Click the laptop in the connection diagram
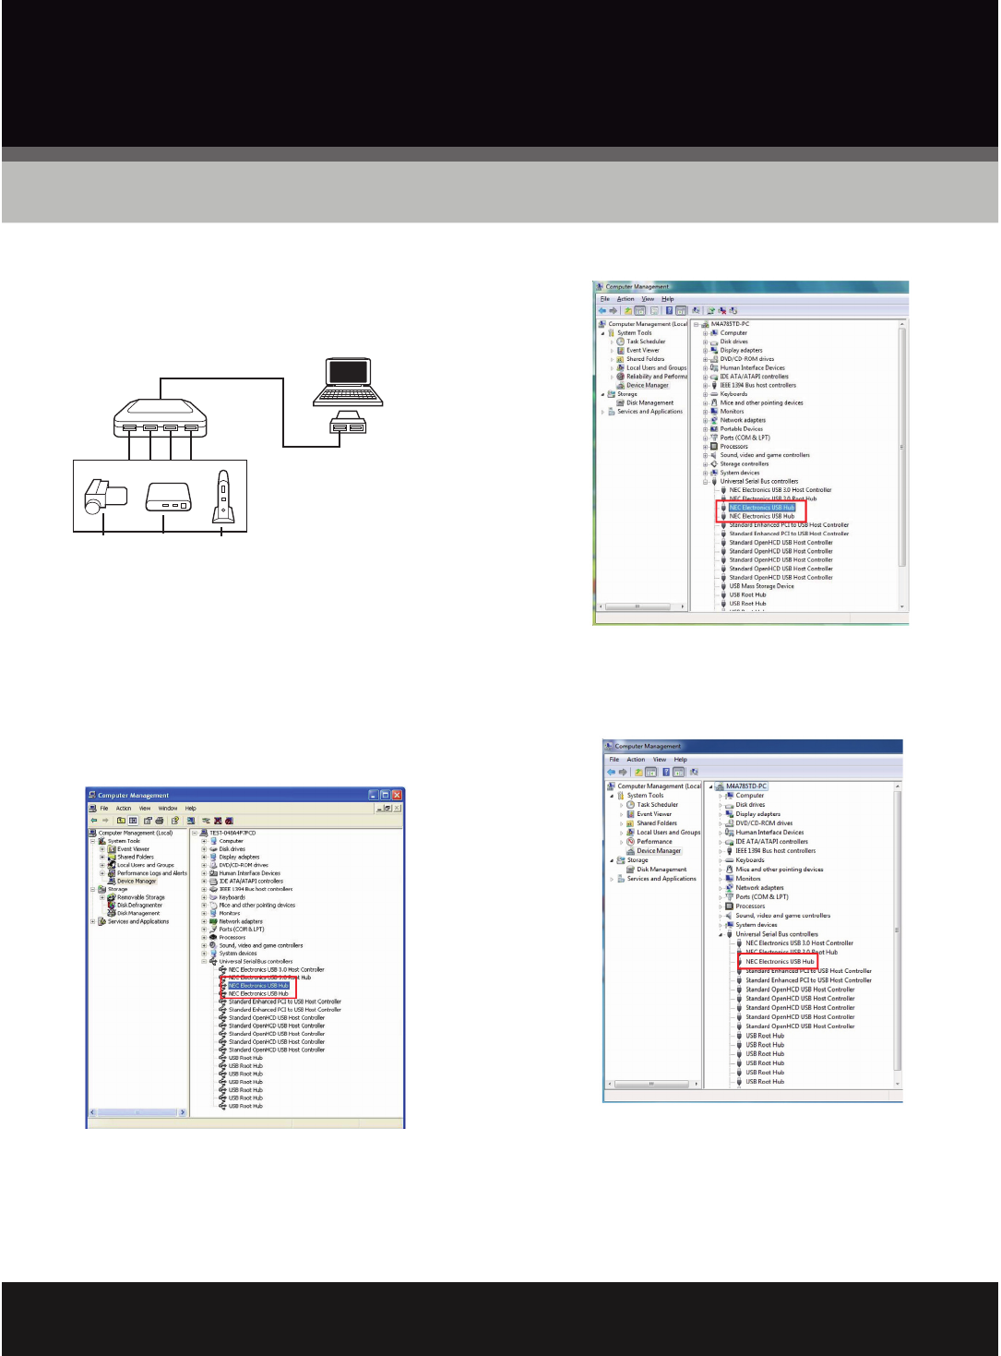pos(347,382)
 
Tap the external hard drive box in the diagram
pos(168,497)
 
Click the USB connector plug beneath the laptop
pos(348,424)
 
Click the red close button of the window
pos(398,795)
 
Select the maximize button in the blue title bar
pos(386,795)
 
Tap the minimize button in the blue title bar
pos(374,795)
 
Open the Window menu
pos(167,809)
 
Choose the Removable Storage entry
pos(140,897)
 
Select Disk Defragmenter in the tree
pos(139,906)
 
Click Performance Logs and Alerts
pos(151,873)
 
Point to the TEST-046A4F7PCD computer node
pos(232,833)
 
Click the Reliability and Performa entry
pos(657,377)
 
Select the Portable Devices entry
pos(741,429)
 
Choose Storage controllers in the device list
pos(744,464)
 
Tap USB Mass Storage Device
pos(761,586)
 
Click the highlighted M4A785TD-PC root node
pos(745,786)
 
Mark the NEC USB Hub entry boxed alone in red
pos(780,962)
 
